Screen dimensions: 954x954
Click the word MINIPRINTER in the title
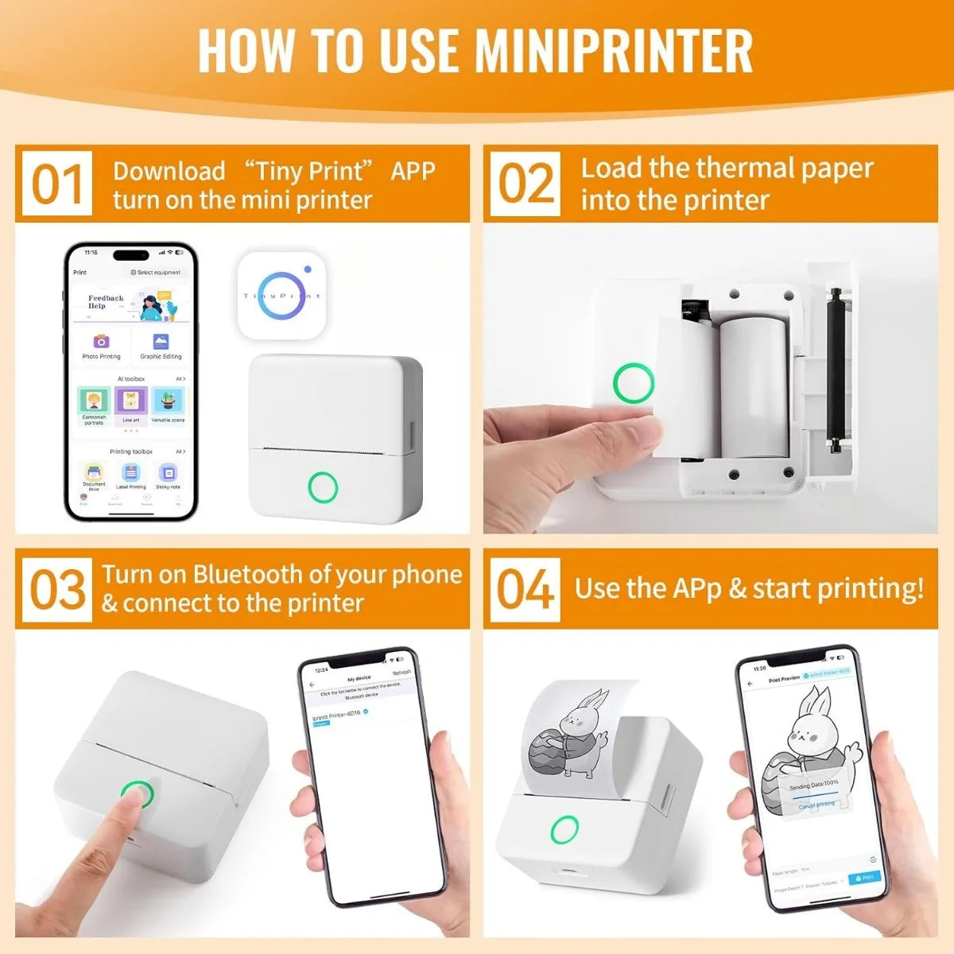pyautogui.click(x=614, y=50)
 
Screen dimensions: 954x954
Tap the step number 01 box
pyautogui.click(x=56, y=184)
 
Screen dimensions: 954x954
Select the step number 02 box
pyautogui.click(x=525, y=184)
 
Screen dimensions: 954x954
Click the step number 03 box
pyautogui.click(x=57, y=589)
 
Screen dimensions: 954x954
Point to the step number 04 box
pyautogui.click(x=525, y=589)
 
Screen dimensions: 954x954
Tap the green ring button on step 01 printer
pyautogui.click(x=323, y=487)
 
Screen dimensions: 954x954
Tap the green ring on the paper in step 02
pyautogui.click(x=633, y=384)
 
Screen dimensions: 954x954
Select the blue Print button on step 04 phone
pyautogui.click(x=864, y=878)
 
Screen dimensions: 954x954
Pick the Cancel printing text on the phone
pyautogui.click(x=816, y=805)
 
